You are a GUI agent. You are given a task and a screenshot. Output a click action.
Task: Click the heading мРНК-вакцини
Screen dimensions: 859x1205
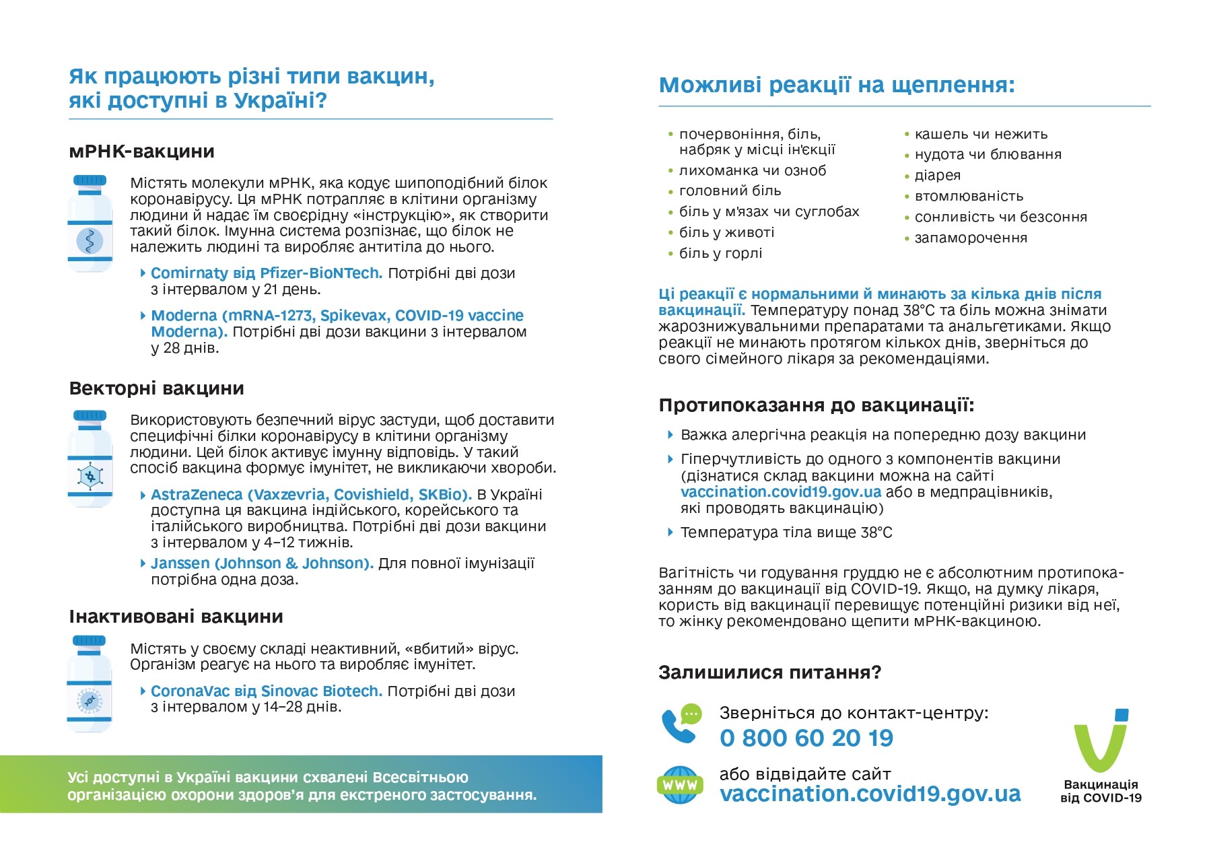point(141,151)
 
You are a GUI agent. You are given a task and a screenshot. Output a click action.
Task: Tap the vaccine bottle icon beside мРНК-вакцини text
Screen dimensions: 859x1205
point(90,224)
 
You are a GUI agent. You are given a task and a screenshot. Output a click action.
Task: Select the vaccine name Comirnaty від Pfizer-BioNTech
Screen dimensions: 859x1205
point(267,273)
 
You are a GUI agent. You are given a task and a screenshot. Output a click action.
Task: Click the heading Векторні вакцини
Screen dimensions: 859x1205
point(156,388)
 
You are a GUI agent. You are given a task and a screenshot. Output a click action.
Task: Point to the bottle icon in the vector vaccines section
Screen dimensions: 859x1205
point(90,458)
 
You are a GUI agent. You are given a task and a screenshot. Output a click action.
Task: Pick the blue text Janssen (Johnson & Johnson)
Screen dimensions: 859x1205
point(262,563)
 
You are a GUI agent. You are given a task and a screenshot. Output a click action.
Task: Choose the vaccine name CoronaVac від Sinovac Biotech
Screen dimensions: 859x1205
point(267,691)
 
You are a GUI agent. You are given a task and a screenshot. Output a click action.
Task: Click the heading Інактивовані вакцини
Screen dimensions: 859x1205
point(176,617)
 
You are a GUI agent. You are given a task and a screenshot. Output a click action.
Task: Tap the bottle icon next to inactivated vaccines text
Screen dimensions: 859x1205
point(90,684)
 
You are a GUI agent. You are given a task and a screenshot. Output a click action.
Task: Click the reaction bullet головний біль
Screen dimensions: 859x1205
point(730,191)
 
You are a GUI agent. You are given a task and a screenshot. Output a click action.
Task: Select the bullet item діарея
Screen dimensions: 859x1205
point(937,176)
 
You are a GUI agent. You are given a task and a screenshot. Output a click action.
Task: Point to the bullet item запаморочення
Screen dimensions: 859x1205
point(970,238)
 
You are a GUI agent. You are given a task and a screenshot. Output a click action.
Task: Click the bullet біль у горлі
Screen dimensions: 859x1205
point(720,254)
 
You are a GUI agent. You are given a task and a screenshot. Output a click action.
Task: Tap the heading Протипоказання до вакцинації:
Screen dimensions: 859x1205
point(816,405)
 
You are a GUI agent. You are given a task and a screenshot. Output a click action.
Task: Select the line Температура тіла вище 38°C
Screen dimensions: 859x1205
point(786,532)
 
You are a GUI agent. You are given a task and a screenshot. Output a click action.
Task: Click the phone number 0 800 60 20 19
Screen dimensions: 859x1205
point(806,738)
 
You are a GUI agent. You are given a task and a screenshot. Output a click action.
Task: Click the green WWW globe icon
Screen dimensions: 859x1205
point(680,785)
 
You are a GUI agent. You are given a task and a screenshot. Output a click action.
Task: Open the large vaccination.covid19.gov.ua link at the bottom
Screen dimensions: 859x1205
point(870,794)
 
